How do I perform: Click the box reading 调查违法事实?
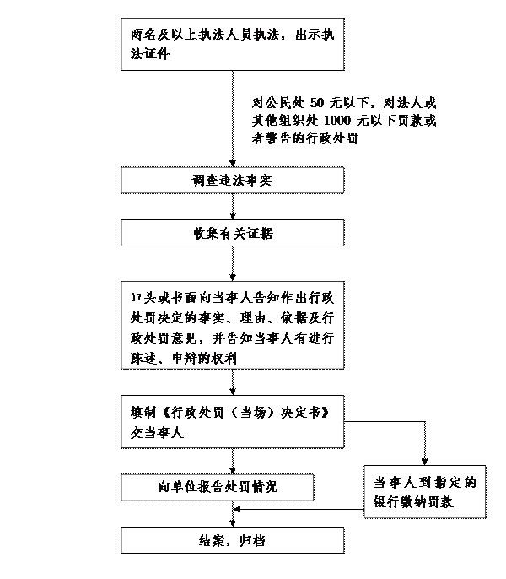pyautogui.click(x=233, y=181)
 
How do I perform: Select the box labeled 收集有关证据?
pyautogui.click(x=233, y=234)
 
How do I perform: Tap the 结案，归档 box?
pyautogui.click(x=233, y=540)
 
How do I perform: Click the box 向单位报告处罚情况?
pyautogui.click(x=218, y=487)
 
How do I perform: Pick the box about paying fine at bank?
pyautogui.click(x=426, y=491)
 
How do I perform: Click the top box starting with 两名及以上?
pyautogui.click(x=233, y=43)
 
